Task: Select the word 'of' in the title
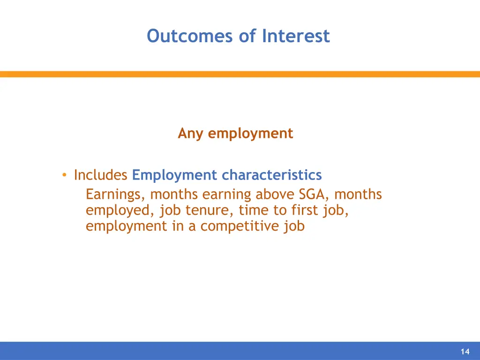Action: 247,36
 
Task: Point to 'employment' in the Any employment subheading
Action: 250,134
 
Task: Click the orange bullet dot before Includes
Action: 64,175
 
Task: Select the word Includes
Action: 101,175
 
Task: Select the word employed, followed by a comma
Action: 120,210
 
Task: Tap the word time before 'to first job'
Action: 252,210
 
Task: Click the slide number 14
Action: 465,352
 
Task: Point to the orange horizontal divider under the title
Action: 240,74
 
